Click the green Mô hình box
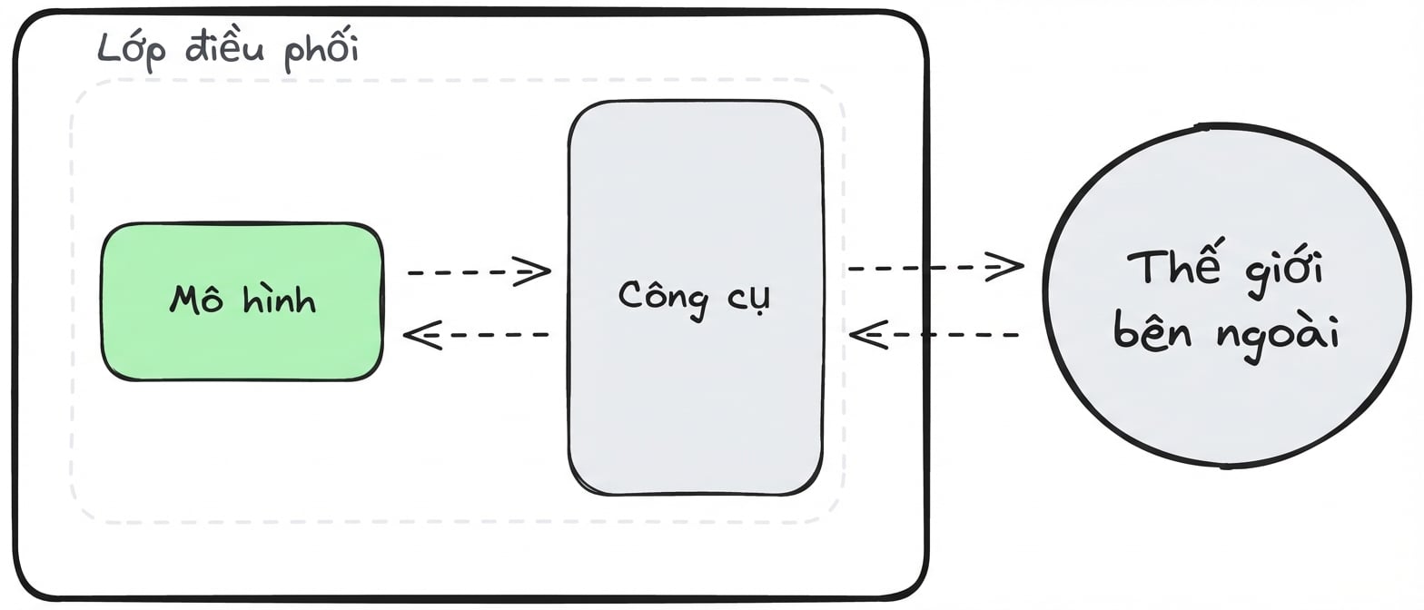242,301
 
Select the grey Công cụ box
696,298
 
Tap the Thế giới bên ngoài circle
1226,296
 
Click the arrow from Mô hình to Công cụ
480,272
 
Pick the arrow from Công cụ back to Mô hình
476,334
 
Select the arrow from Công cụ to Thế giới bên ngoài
935,268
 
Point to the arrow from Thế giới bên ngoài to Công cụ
934,334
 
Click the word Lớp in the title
132,50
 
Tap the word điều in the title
225,47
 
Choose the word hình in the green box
279,298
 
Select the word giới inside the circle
1284,272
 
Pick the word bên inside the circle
1152,330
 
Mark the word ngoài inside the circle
1279,336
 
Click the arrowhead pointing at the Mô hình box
422,334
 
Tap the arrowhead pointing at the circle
1005,268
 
